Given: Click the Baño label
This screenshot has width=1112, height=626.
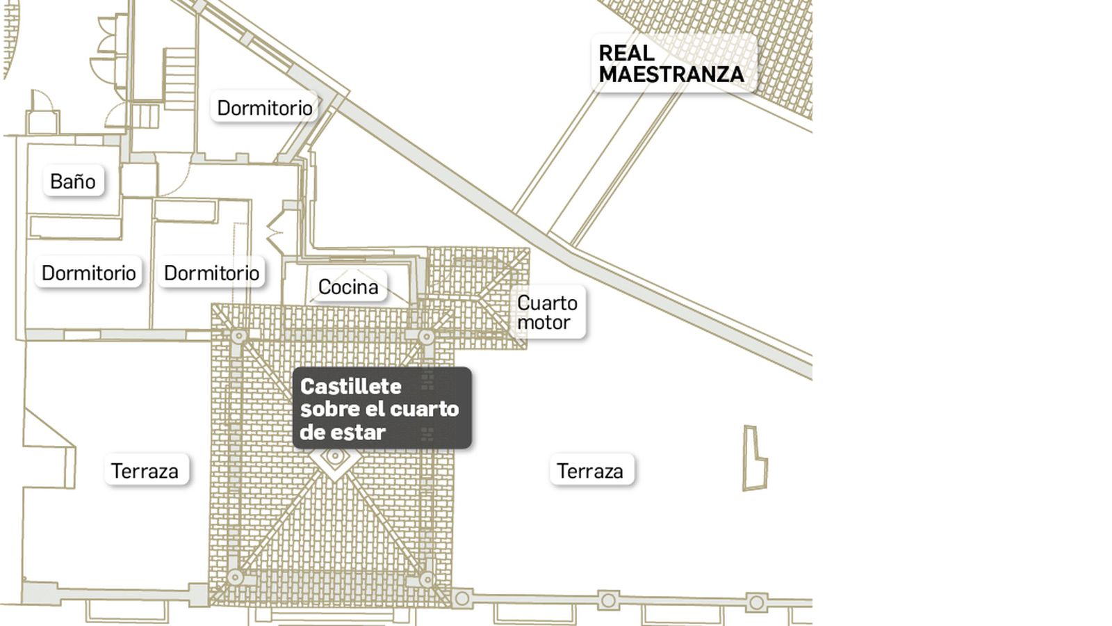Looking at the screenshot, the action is pos(73,182).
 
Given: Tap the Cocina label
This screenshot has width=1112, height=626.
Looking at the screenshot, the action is pos(348,287).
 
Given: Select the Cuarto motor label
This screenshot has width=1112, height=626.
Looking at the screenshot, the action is pos(547,312).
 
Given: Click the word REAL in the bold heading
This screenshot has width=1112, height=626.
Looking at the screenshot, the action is pos(626,53).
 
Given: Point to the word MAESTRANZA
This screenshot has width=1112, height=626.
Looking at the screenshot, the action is pos(671,74).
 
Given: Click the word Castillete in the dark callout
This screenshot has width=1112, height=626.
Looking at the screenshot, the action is pos(351,386).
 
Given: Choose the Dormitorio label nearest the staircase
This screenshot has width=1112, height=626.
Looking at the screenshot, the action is pos(264,108).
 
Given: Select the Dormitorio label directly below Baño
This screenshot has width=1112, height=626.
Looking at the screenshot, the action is pos(88,273).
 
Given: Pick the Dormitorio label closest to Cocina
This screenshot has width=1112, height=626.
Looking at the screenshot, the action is pos(211,273).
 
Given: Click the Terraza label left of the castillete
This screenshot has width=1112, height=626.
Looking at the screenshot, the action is pos(145,471).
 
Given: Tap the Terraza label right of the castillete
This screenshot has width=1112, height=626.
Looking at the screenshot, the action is pos(589,471).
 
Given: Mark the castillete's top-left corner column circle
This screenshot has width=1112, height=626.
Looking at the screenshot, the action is pos(238,337).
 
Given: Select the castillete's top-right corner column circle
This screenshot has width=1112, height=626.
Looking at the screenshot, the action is pos(426,337).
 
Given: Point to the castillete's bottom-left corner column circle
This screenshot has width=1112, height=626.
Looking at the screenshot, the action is pos(235,577).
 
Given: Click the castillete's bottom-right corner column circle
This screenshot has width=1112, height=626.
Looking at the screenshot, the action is pos(426,579).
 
